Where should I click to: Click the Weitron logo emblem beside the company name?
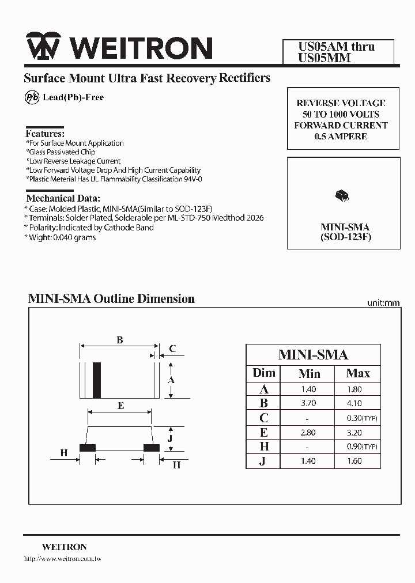(43, 48)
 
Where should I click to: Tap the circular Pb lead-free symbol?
(32, 97)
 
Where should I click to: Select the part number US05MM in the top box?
(324, 58)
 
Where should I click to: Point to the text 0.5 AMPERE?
(341, 137)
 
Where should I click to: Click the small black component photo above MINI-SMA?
(341, 196)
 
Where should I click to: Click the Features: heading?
(45, 133)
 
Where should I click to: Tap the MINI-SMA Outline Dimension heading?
(111, 298)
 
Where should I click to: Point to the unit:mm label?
(383, 303)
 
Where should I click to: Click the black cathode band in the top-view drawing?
(97, 380)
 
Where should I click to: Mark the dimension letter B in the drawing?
(119, 340)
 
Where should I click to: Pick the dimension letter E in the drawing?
(120, 406)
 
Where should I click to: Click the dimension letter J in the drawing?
(171, 438)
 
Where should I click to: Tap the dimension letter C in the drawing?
(172, 349)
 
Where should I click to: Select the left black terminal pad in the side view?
(87, 448)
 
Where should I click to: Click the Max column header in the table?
(358, 373)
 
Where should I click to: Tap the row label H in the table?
(263, 446)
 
